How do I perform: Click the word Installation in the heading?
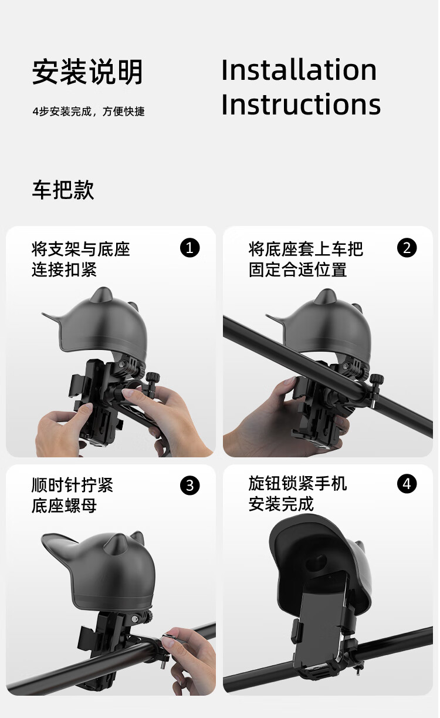pos(299,70)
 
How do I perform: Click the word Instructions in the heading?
pos(301,104)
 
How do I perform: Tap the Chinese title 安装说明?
pos(87,72)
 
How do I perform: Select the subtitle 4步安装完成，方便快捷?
pos(89,112)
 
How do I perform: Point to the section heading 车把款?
pos(63,190)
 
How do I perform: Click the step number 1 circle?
pos(190,248)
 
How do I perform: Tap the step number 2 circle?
pos(407,248)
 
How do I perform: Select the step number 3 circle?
pos(190,486)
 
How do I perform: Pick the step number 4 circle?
pos(407,484)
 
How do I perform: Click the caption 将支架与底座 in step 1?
pos(81,249)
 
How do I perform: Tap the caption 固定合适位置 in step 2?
pos(298,269)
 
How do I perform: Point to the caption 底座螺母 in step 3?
pos(64,506)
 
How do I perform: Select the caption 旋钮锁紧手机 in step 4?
pos(298,483)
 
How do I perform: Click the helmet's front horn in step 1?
pos(102,295)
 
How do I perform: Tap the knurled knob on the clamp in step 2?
pos(377,379)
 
